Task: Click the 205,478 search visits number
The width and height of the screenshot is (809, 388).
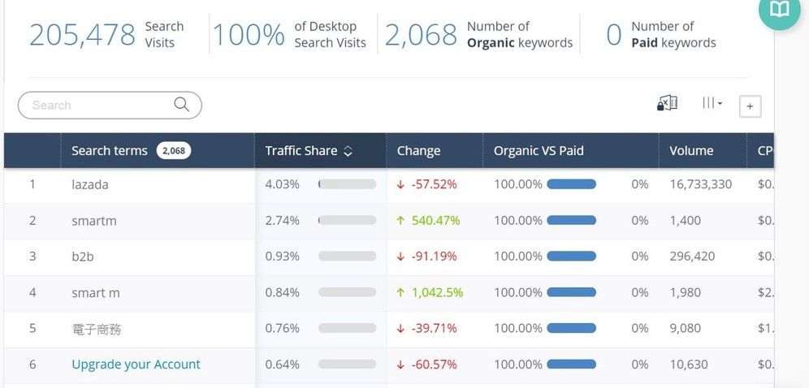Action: coord(82,35)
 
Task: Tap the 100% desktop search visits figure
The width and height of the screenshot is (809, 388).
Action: coord(249,35)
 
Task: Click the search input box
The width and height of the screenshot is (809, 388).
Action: coord(97,106)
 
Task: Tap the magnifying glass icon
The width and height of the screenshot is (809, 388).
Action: coord(181,105)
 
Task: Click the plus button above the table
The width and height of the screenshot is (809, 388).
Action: coord(750,106)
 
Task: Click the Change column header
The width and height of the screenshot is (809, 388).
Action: coord(418,151)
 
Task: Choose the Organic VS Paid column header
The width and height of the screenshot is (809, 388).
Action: coord(539,151)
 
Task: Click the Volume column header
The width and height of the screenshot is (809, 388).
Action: coord(691,151)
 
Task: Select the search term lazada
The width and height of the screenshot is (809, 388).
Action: coord(90,184)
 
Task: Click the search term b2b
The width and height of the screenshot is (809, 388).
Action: coord(83,257)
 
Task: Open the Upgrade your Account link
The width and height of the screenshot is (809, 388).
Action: coord(136,364)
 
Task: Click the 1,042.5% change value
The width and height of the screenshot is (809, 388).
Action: coord(437,292)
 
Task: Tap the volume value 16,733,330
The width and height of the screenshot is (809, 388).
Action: coord(700,184)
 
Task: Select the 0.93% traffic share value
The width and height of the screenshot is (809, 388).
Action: coord(282,257)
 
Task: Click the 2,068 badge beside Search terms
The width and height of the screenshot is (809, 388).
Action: coord(173,151)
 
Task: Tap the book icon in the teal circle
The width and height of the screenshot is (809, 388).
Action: coord(779,9)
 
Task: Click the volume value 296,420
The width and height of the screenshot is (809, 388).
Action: coord(692,257)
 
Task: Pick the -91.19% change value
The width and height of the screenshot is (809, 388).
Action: coord(434,257)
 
